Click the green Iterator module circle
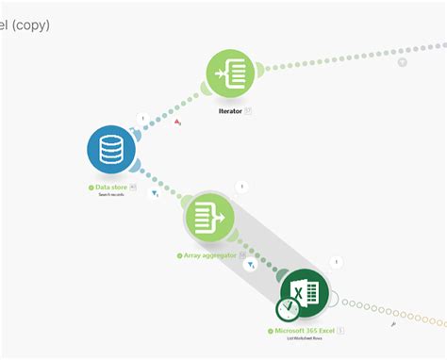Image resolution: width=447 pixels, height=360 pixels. (232, 73)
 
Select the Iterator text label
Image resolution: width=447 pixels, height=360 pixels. (229, 110)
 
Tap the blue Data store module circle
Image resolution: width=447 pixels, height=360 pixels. (112, 150)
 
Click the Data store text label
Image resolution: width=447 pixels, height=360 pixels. (111, 188)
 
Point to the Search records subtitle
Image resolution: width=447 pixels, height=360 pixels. (111, 195)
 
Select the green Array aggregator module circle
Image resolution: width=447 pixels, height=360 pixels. (208, 218)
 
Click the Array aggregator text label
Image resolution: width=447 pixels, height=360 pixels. (206, 255)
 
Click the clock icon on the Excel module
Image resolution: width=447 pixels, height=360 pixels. (288, 309)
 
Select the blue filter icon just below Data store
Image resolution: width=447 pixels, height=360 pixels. (156, 194)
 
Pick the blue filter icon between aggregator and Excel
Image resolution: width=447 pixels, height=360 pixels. (252, 266)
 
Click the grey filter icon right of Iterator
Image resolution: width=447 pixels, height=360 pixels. (402, 62)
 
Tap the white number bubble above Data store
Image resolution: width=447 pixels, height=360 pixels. (142, 119)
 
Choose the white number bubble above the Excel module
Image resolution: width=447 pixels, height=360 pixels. (337, 262)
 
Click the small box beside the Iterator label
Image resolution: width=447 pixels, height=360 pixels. (248, 110)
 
